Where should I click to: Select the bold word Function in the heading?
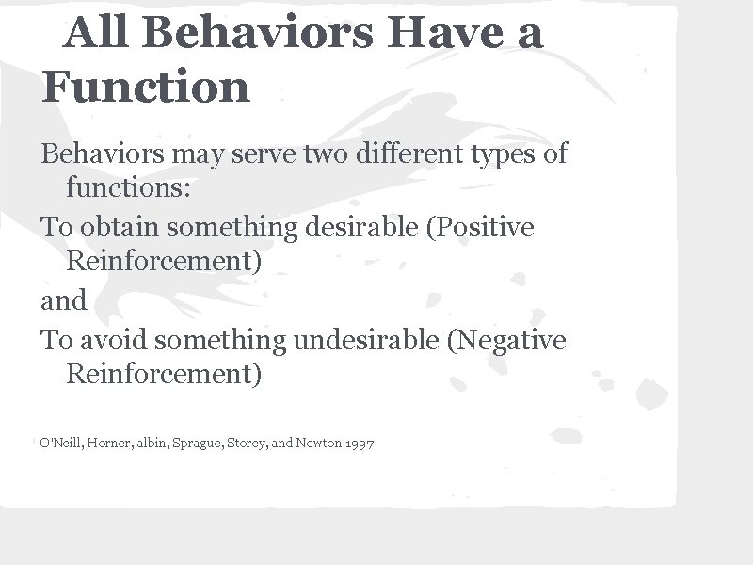[x=146, y=87]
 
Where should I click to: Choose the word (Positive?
[x=480, y=228]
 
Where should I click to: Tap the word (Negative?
[x=507, y=339]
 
